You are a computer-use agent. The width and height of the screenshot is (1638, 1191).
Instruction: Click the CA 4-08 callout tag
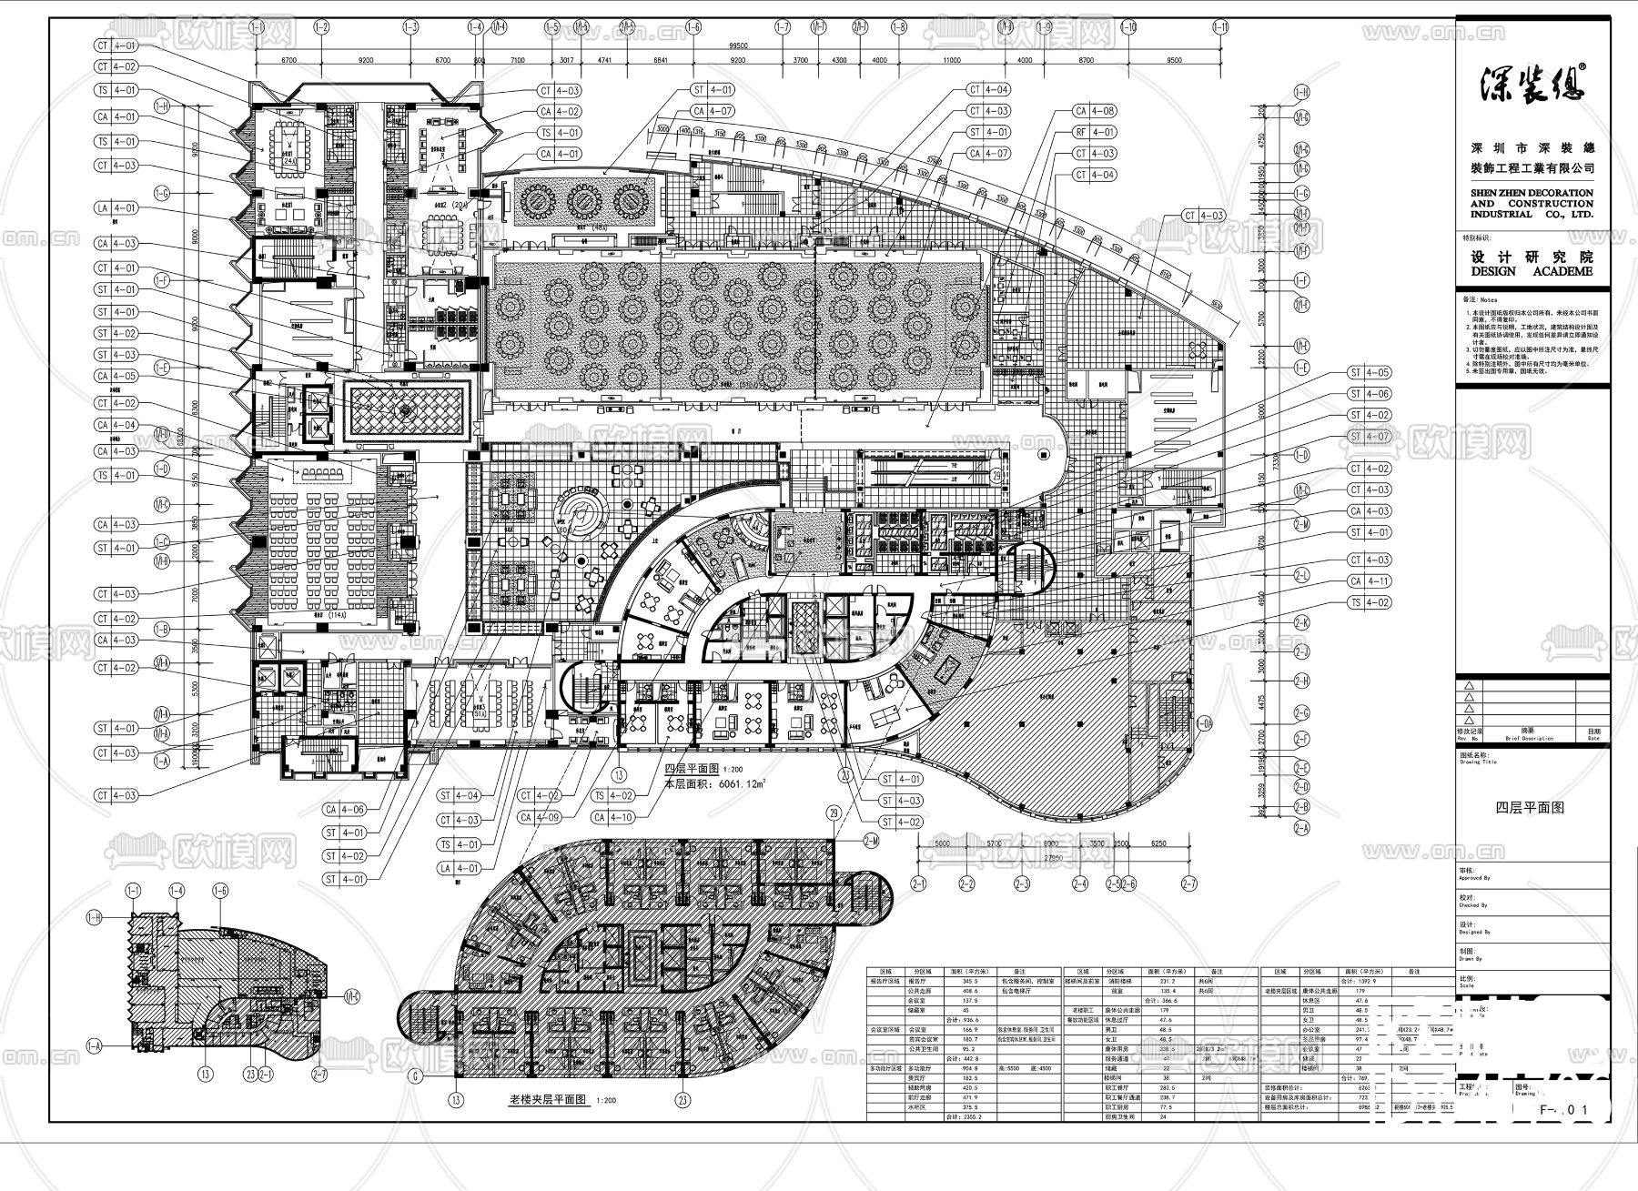click(1095, 111)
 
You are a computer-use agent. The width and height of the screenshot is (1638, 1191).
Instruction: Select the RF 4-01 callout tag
click(1095, 133)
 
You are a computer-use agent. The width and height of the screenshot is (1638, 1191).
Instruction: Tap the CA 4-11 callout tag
click(1370, 581)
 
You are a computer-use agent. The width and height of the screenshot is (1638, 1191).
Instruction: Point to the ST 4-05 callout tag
click(1370, 373)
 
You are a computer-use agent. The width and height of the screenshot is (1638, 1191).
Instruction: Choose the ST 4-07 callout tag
click(1370, 437)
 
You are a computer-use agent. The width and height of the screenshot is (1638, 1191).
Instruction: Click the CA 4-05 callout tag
click(116, 377)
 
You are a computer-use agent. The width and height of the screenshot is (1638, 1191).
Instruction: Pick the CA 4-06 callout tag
click(345, 810)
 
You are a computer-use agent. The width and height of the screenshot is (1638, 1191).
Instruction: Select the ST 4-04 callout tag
click(459, 796)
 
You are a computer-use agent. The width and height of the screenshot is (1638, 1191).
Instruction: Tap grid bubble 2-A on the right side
click(1301, 829)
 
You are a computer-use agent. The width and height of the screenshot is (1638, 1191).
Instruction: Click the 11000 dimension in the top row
click(952, 60)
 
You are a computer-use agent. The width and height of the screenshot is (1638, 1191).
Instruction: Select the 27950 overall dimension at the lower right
click(1053, 857)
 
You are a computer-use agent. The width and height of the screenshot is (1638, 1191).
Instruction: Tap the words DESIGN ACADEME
click(1532, 271)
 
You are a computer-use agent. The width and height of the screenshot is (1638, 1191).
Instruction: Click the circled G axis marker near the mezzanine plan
click(416, 1075)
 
